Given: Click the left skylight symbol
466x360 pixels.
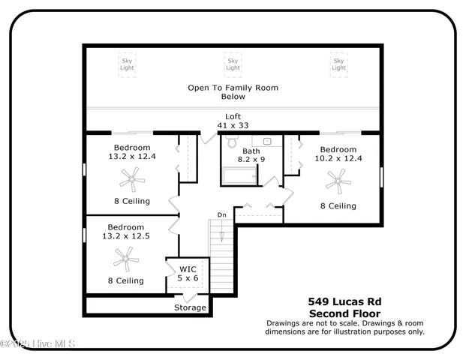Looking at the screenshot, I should [x=128, y=64].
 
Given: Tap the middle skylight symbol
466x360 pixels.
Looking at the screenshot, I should [x=233, y=64].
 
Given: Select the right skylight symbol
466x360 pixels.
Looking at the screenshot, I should [x=338, y=64].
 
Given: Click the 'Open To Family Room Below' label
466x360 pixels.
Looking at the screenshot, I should [x=233, y=92].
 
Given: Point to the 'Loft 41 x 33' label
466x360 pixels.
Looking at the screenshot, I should [x=233, y=121].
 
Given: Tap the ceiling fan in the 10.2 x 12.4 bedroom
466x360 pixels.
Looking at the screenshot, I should [x=338, y=180].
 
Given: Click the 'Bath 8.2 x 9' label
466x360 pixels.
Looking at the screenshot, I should [x=251, y=155].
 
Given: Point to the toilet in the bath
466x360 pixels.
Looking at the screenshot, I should [x=232, y=142].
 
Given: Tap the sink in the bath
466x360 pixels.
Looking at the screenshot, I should [x=266, y=141].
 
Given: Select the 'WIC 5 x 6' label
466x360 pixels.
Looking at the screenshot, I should [x=188, y=274].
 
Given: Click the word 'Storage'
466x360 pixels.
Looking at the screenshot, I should [x=190, y=307].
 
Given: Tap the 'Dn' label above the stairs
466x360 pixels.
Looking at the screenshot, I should [x=221, y=215].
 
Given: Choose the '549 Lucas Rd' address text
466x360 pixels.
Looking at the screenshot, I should [x=344, y=301].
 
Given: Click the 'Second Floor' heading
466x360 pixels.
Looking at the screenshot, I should [x=344, y=313].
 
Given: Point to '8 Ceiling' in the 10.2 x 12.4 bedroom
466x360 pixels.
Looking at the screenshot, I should [x=338, y=205].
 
